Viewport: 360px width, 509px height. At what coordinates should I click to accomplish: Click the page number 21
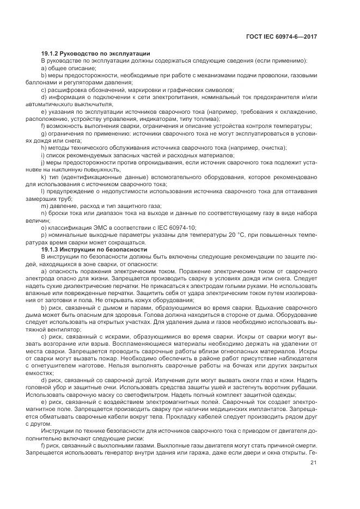pyautogui.click(x=313, y=463)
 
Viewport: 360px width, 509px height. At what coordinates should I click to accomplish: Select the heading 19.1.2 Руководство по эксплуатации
pyautogui.click(x=95, y=53)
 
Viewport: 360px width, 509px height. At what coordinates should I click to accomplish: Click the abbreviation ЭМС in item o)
pyautogui.click(x=96, y=227)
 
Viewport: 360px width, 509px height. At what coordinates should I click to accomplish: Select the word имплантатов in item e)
pyautogui.click(x=278, y=408)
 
